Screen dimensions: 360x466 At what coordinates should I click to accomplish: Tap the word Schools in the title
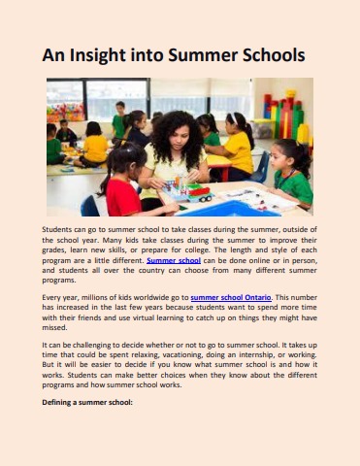point(265,56)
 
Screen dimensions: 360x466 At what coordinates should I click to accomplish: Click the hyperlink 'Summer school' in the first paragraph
point(176,260)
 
